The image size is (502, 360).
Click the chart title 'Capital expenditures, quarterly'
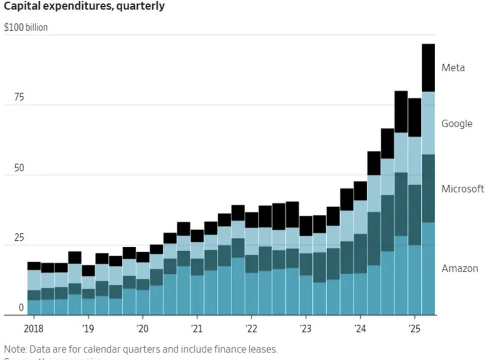coord(84,6)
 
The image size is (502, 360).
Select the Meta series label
coord(453,68)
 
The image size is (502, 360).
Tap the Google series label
coord(456,124)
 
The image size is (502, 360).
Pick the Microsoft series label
coord(462,189)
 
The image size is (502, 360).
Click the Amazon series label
coord(459,268)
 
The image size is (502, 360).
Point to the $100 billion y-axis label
coord(26,28)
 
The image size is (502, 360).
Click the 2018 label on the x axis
coord(33,329)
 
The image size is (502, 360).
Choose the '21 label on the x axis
coord(196,329)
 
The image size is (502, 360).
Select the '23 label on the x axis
coord(305,329)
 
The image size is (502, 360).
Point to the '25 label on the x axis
coord(414,329)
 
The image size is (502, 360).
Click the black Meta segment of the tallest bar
coord(428,68)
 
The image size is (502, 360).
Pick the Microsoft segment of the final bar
coord(428,188)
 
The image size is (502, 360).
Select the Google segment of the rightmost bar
coord(428,123)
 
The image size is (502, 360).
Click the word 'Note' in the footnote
coord(13,349)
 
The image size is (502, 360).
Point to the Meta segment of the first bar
coord(34,266)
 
